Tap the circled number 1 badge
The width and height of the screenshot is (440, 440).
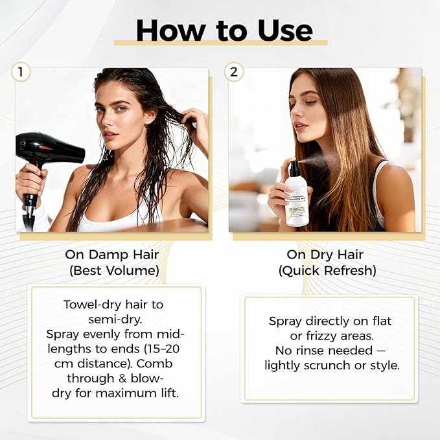coord(21,72)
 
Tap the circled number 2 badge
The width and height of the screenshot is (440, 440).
coord(233,72)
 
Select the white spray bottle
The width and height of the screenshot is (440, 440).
coord(297,198)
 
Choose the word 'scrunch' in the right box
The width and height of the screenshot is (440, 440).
coord(327,365)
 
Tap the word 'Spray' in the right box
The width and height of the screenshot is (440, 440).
coord(284,321)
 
